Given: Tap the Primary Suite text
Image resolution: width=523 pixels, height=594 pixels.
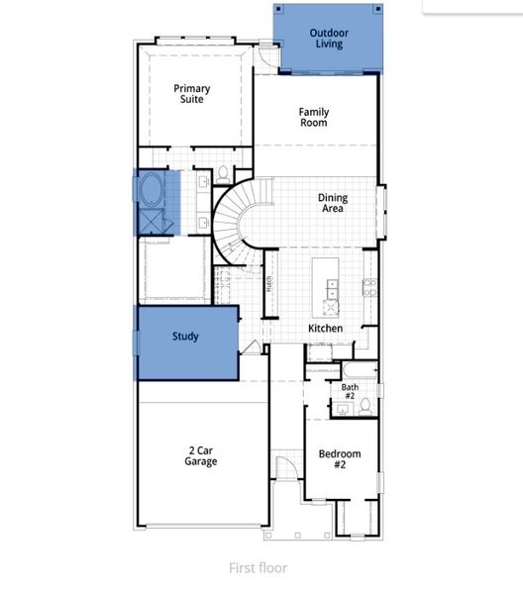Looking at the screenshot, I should coord(192,94).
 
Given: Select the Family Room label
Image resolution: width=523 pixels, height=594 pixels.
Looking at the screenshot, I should coord(314,118).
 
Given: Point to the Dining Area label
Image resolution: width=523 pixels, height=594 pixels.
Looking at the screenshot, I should coord(333,204).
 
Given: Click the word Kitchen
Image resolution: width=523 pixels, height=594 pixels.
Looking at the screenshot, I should coord(325,328).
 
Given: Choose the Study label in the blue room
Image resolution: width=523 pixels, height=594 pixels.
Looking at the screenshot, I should coord(185,337).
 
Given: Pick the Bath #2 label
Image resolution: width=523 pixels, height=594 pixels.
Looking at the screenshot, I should coord(350,391).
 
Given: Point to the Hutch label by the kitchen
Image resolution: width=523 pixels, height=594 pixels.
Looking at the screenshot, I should coord(267,286).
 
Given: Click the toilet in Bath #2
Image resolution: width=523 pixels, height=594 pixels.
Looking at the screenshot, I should coord(365,405).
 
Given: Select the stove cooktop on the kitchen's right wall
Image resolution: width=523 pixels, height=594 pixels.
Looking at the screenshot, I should coord(369,288).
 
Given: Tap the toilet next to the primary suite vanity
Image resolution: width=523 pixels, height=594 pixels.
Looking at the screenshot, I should coord(223,174).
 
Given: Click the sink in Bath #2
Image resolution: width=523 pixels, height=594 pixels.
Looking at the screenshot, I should coord(337,405).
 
